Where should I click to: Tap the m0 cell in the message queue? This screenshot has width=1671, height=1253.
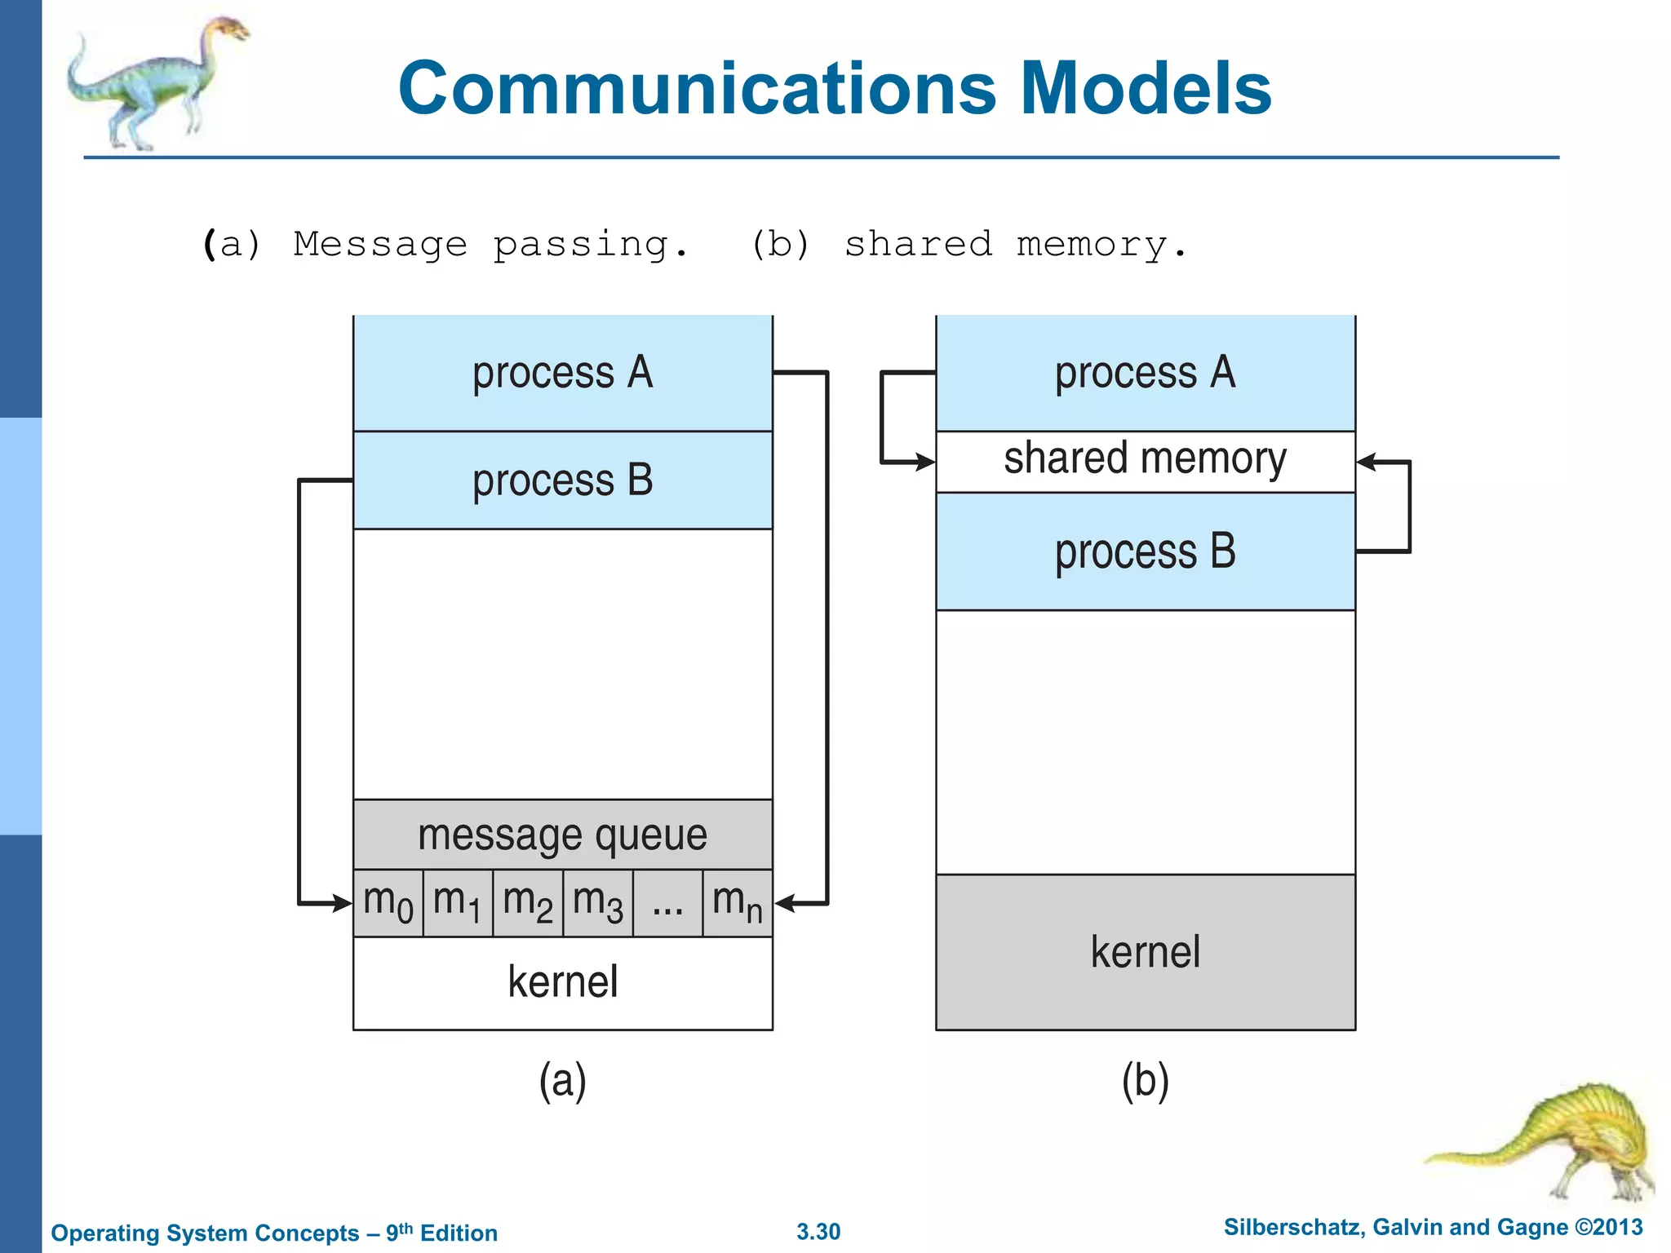pyautogui.click(x=388, y=903)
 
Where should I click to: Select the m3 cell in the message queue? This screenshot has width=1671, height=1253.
pyautogui.click(x=598, y=903)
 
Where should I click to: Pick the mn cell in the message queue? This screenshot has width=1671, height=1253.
pyautogui.click(x=738, y=903)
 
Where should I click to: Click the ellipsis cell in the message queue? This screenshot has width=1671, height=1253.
pyautogui.click(x=667, y=903)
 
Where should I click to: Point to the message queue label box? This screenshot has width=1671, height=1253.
pyautogui.click(x=563, y=835)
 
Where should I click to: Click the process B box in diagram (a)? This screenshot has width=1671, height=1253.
pyautogui.click(x=563, y=480)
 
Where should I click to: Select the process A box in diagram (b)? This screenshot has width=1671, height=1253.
pyautogui.click(x=1146, y=373)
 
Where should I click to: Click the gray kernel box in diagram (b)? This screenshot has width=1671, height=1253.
pyautogui.click(x=1146, y=952)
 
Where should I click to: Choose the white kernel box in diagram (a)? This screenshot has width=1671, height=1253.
pyautogui.click(x=563, y=982)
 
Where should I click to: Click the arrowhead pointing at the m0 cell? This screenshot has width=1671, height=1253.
pyautogui.click(x=343, y=903)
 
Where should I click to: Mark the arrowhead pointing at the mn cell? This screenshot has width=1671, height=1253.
pyautogui.click(x=784, y=903)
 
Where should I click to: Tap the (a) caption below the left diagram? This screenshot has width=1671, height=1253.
pyautogui.click(x=563, y=1081)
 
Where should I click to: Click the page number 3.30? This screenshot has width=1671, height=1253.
pyautogui.click(x=818, y=1231)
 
